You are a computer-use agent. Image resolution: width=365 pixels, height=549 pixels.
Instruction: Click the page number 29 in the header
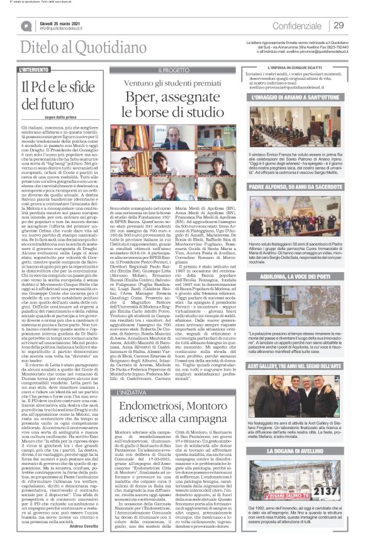click(x=338, y=25)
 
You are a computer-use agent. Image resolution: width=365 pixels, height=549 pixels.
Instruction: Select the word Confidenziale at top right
click(x=294, y=26)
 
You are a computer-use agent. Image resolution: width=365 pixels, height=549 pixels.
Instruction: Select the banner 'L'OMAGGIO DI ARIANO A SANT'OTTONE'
click(x=297, y=97)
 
